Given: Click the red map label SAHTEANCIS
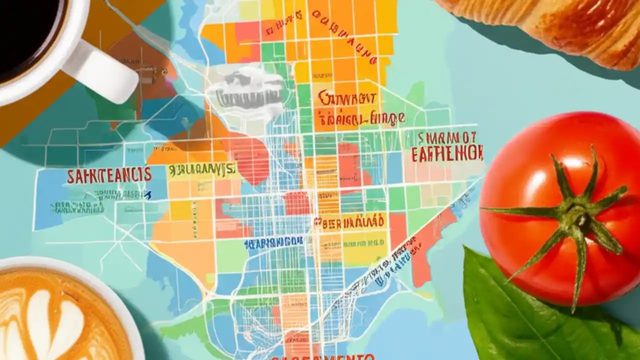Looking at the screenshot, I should click(109, 175).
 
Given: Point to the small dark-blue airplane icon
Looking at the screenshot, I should click(147, 195).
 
